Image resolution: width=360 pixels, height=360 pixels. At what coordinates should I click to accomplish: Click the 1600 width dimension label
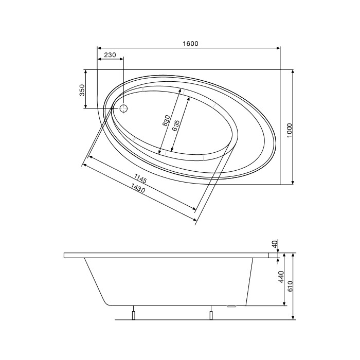[x=190, y=44]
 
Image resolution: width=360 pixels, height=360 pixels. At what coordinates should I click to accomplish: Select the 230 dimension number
[x=110, y=55]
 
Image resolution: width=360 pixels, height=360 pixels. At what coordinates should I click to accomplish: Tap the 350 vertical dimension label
[x=82, y=91]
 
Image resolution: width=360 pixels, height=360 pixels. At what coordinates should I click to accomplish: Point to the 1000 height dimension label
[x=290, y=130]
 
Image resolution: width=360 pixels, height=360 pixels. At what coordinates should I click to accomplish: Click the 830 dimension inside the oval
[x=166, y=121]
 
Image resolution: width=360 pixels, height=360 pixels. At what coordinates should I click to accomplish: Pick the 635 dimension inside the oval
[x=176, y=125]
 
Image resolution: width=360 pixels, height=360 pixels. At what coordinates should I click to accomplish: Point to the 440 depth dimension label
[x=281, y=277]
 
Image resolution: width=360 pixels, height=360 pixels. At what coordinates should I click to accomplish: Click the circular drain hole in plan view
[x=123, y=109]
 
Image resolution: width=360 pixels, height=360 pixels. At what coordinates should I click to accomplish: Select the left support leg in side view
[x=133, y=314]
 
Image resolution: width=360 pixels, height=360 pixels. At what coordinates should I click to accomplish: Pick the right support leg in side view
[x=211, y=314]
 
